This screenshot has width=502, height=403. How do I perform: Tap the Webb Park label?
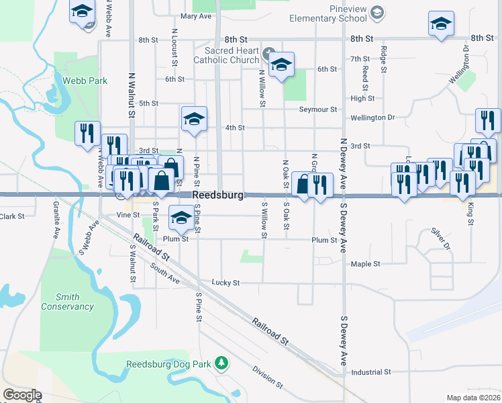(x=85, y=81)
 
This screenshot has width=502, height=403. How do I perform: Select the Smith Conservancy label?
(x=67, y=302)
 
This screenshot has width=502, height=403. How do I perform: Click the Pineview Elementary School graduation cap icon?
(x=378, y=12)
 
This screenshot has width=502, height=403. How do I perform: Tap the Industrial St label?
(x=370, y=372)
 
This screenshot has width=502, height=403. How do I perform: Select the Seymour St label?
(x=317, y=109)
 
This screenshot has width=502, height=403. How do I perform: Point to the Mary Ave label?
(x=196, y=16)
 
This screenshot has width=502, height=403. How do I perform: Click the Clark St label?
(x=12, y=216)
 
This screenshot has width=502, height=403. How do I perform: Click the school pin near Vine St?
(x=180, y=217)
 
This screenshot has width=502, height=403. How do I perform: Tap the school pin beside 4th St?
(x=193, y=120)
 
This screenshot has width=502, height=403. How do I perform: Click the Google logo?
(x=22, y=396)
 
